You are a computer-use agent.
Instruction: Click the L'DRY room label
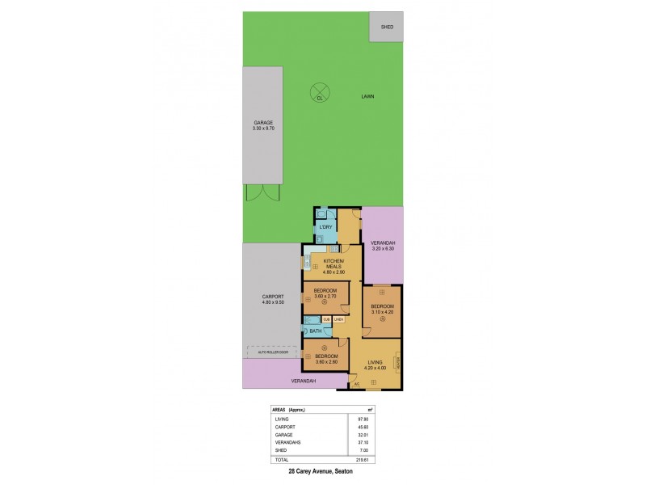pyautogui.click(x=326, y=227)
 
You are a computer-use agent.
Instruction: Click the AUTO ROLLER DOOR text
pyautogui.click(x=274, y=353)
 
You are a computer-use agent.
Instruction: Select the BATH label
pyautogui.click(x=316, y=330)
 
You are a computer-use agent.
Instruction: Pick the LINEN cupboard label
pyautogui.click(x=339, y=320)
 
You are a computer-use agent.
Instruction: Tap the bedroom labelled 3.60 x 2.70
pyautogui.click(x=325, y=295)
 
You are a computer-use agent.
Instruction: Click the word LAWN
pyautogui.click(x=367, y=96)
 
